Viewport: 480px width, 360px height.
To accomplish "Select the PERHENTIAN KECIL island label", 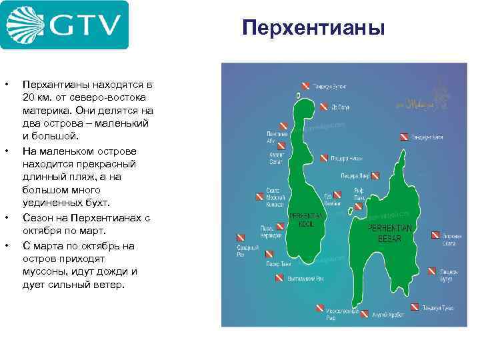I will coord(307,221).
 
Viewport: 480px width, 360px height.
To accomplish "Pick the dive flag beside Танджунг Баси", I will coord(404,137).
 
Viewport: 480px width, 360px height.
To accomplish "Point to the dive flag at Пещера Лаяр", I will coord(375,176).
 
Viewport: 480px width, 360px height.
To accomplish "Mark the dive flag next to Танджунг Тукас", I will coord(414,307).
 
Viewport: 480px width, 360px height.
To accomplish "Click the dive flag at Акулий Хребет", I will coord(365,313).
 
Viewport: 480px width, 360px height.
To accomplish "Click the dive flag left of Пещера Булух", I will coord(432,271).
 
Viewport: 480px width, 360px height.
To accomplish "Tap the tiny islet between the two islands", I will coord(351,212).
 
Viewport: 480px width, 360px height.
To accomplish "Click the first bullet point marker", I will coord(7,85).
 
